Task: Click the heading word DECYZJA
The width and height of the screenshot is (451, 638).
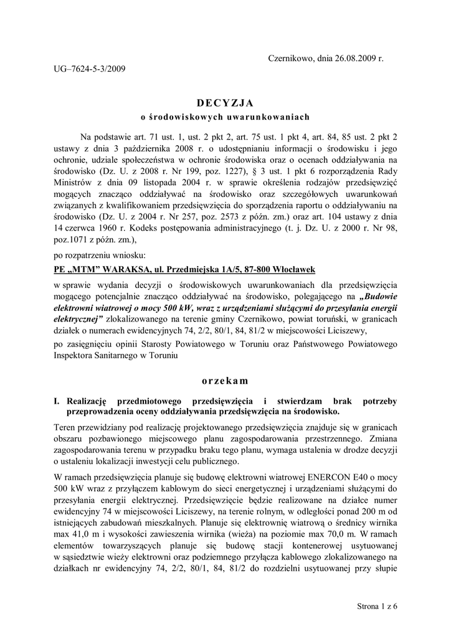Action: (x=225, y=102)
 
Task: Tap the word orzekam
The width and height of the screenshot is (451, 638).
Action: (x=225, y=380)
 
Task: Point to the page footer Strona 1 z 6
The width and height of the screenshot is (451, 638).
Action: (x=377, y=605)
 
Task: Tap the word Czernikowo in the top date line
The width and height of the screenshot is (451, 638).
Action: (x=290, y=58)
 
